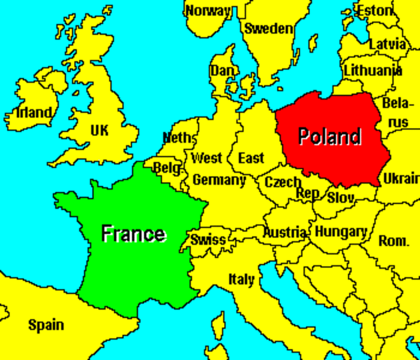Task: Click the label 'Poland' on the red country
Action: pos(330,136)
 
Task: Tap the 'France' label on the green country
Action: pos(133,233)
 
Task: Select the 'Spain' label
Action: pos(46,325)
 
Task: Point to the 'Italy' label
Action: pos(241,280)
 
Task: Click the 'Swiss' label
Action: pos(208,240)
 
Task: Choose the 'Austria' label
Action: pos(284,232)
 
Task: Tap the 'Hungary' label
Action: pos(340,232)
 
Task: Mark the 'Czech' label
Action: pos(283,181)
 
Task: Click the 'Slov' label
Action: pos(341,197)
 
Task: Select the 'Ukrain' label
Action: pos(400,179)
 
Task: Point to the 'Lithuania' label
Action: pos(372,70)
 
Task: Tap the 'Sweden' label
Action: pos(269,28)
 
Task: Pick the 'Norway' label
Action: pos(208,10)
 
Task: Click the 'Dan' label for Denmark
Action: pos(222,70)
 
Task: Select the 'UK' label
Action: pos(99,130)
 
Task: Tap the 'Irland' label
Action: pos(34,114)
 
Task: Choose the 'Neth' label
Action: pos(178,138)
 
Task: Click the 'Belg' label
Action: pos(166,168)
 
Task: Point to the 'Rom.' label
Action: pos(394,241)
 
